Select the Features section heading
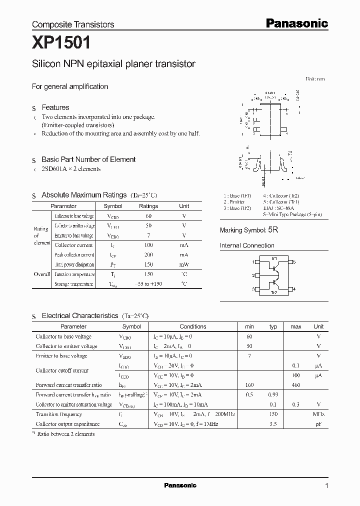(x=55, y=107)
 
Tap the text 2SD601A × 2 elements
(x=71, y=169)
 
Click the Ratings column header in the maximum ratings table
(x=148, y=206)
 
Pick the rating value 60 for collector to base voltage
(x=148, y=216)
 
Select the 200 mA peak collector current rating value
(x=148, y=254)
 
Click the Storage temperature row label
(x=73, y=284)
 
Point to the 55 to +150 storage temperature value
(x=148, y=284)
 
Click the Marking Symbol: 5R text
(x=249, y=230)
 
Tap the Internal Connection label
(x=247, y=245)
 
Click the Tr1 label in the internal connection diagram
(x=274, y=258)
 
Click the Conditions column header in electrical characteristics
(x=192, y=326)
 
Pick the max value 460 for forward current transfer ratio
(x=296, y=385)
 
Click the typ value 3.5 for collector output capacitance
(x=273, y=424)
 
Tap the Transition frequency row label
(x=59, y=414)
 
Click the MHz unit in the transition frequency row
(x=318, y=414)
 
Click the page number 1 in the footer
(x=326, y=485)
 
